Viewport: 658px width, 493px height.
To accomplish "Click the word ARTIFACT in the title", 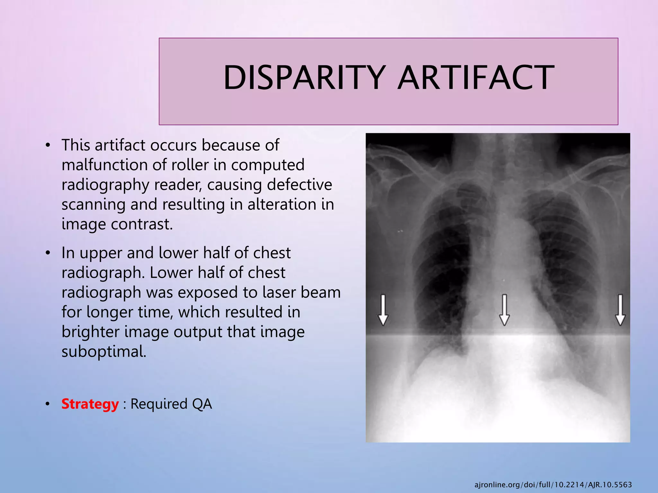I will click(x=476, y=78).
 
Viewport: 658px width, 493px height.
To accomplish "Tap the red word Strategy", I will click(x=90, y=404).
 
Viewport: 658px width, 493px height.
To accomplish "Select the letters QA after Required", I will click(x=202, y=404).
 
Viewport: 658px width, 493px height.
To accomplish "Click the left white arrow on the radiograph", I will click(x=383, y=310).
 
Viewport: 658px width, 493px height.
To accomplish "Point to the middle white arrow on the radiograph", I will click(x=504, y=310).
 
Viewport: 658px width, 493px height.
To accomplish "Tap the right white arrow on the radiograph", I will click(x=620, y=310).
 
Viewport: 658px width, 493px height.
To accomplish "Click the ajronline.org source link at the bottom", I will click(x=553, y=485).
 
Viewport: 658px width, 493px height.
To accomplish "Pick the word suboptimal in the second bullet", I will click(x=104, y=352).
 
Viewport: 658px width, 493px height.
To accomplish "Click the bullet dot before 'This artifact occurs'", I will click(x=48, y=145).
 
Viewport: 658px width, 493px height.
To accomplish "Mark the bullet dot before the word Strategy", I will click(x=48, y=404).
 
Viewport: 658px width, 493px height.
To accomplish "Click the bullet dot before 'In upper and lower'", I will click(x=48, y=253).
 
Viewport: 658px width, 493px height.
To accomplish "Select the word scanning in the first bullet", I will click(x=93, y=204).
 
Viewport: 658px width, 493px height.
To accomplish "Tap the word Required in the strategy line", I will click(x=159, y=404).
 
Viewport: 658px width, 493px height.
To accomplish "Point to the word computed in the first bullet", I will click(x=268, y=165).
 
